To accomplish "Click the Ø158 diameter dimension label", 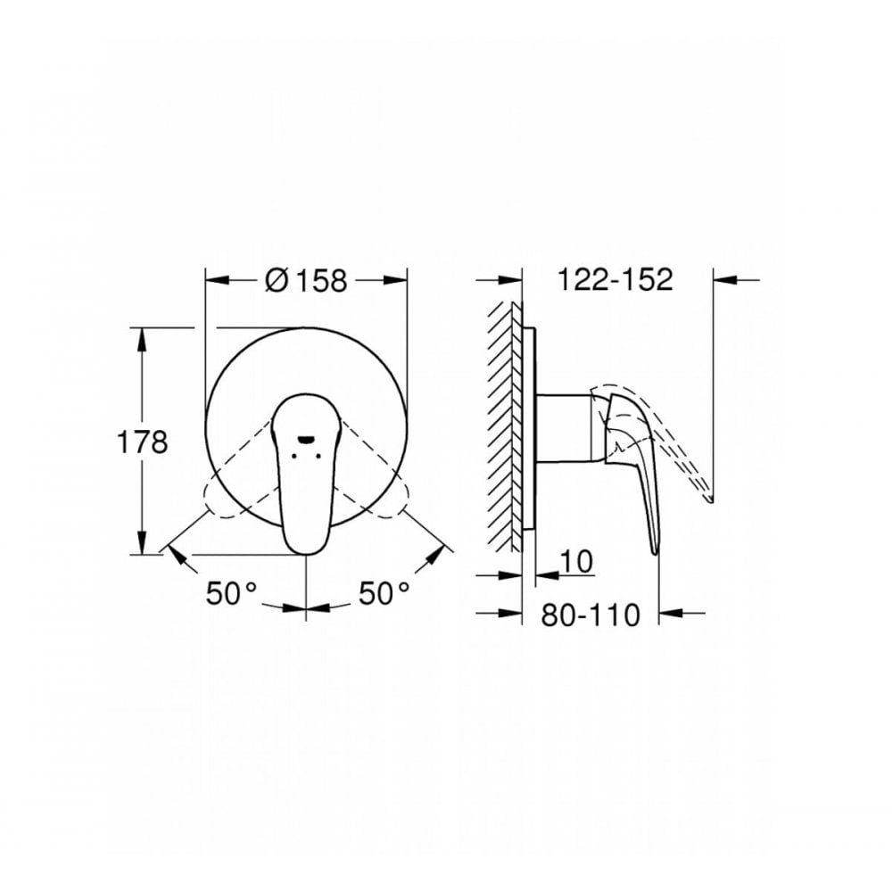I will [x=306, y=280].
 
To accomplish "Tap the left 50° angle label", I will [x=231, y=593].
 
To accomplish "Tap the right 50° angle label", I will [x=384, y=593].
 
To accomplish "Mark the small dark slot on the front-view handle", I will [x=306, y=438].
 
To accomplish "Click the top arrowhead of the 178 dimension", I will [x=141, y=337].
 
